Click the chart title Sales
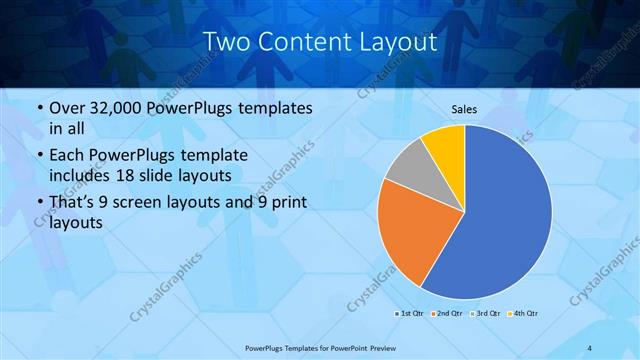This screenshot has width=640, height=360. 464,108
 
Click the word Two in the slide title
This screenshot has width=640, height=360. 226,42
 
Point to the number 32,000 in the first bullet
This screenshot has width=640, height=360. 113,106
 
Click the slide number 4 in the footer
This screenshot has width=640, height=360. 590,347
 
